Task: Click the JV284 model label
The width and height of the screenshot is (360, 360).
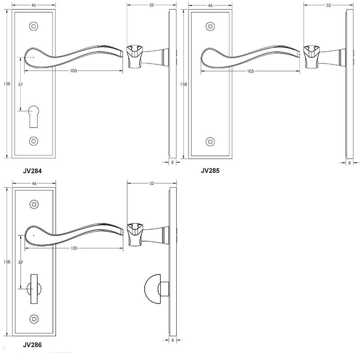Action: tap(32, 171)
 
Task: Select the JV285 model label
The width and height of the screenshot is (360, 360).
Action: tap(210, 171)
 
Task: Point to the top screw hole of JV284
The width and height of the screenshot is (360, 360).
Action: tap(33, 26)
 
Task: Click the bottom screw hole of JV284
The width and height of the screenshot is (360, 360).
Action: tap(33, 141)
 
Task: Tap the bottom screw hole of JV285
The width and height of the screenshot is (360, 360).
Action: tap(210, 141)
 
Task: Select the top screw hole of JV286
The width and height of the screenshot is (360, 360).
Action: tap(34, 204)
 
